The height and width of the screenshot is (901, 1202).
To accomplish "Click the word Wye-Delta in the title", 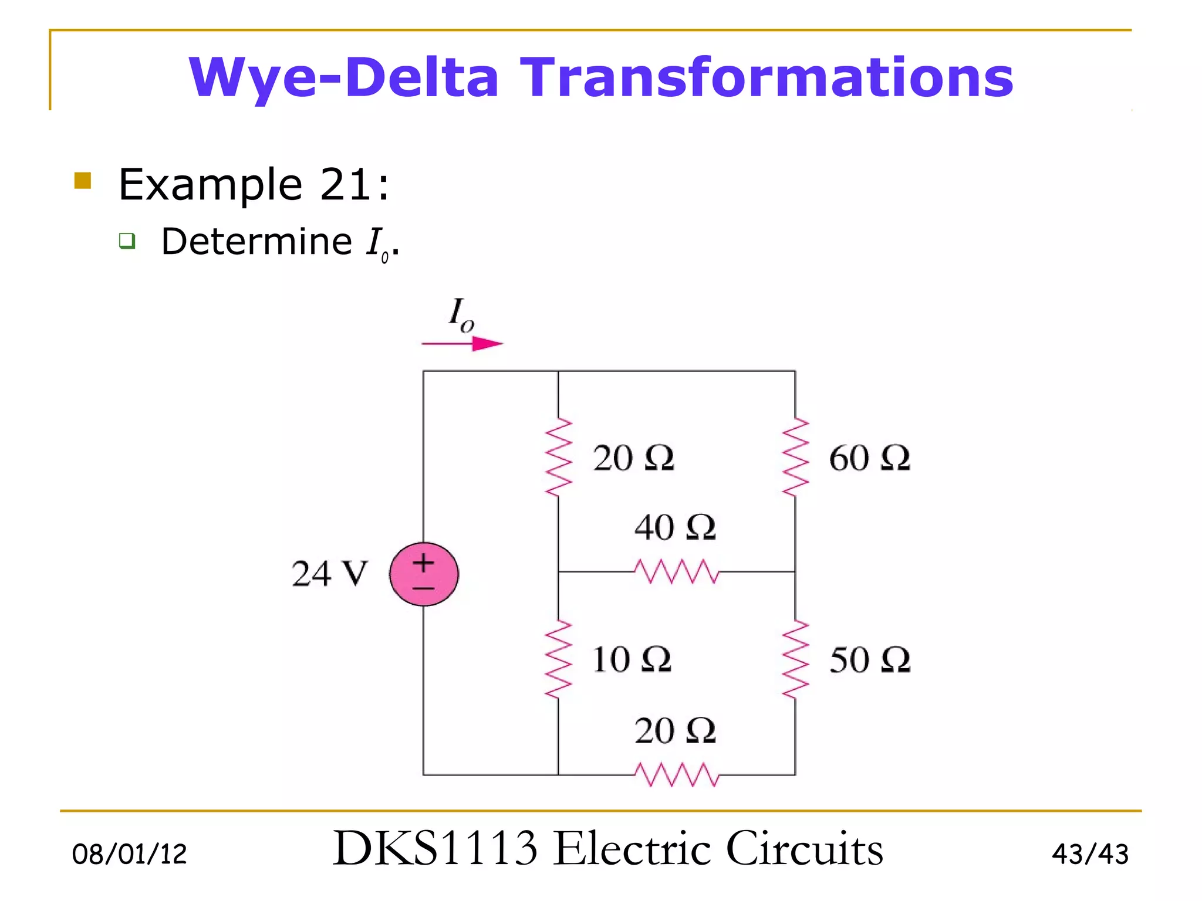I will [344, 77].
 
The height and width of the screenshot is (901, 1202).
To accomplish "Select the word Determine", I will [256, 242].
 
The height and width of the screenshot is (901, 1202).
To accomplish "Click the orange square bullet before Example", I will [83, 180].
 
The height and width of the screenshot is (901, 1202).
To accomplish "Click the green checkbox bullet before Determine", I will [127, 241].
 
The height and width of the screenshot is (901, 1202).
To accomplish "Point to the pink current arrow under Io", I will [462, 343].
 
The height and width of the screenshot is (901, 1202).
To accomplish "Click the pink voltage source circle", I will [424, 574].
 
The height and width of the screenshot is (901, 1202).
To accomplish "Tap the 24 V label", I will [329, 574].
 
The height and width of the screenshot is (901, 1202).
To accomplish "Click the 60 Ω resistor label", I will [869, 458].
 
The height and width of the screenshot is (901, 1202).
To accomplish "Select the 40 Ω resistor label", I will [675, 527].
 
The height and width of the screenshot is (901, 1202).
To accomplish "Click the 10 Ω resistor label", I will [632, 659].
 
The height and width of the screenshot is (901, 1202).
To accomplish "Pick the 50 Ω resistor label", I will [869, 660].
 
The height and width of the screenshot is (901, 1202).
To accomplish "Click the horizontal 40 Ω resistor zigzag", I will [676, 571].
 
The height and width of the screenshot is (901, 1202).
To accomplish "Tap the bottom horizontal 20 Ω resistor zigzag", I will [676, 774].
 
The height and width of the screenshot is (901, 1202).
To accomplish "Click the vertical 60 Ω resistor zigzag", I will [795, 458].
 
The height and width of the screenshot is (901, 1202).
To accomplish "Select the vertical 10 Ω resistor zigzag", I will [558, 659].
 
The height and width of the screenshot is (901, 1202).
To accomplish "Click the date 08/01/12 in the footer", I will [129, 854].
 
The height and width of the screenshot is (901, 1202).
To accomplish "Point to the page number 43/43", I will [1090, 854].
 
